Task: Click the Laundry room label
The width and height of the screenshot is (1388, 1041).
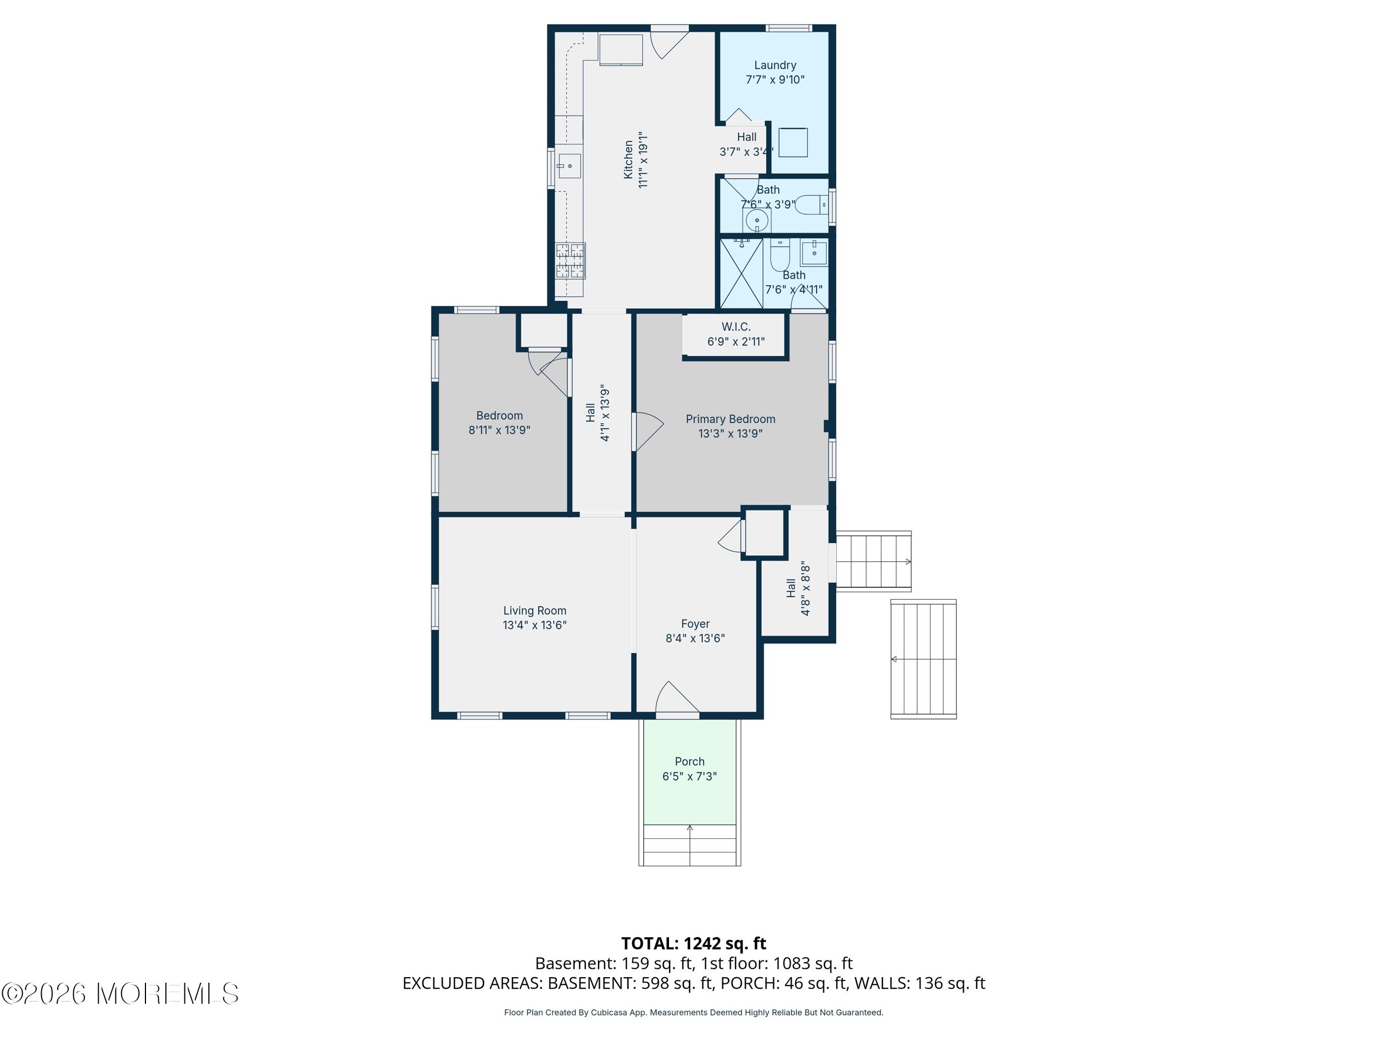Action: [775, 66]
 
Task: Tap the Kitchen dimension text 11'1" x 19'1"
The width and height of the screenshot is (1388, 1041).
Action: [642, 160]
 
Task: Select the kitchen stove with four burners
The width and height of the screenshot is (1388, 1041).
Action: [570, 260]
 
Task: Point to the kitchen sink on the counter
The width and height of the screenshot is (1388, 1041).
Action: [569, 167]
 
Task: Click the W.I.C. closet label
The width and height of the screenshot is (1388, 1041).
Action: [736, 327]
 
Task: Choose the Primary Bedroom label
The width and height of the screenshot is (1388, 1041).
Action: [731, 419]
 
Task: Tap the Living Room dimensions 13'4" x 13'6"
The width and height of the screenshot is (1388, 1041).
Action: [535, 625]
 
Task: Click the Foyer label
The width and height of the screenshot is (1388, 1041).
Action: [695, 623]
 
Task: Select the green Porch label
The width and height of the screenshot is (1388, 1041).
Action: [690, 762]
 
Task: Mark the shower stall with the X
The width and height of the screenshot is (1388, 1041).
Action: [741, 274]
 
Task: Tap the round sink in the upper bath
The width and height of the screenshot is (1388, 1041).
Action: [757, 221]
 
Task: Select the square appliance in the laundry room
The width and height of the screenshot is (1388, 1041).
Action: [793, 143]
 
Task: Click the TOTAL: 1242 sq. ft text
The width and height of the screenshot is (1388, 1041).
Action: [693, 943]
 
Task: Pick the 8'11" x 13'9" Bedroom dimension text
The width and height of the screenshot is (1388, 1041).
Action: [500, 430]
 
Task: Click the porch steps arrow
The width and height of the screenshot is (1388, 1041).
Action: [690, 844]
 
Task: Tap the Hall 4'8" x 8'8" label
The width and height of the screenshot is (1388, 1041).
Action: [798, 589]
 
